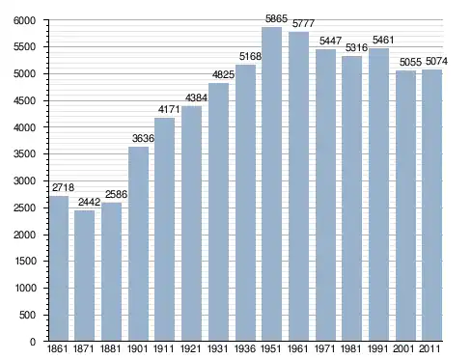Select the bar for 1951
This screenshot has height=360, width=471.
[271, 184]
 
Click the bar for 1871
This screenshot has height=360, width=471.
[84, 276]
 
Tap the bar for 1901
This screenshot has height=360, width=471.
[138, 244]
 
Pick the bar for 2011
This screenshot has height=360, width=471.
[431, 206]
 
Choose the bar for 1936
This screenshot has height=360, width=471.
[245, 203]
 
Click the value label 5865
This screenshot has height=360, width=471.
[276, 19]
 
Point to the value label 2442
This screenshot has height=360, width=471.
[90, 202]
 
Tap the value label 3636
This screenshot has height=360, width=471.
[143, 138]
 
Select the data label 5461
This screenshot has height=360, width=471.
[383, 40]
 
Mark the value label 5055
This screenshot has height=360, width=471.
[410, 62]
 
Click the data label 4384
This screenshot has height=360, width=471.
[196, 97]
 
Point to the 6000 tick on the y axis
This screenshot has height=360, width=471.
[24, 20]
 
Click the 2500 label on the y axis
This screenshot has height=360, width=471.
[24, 208]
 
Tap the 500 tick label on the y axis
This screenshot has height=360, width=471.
[27, 315]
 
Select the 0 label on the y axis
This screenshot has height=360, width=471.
[33, 342]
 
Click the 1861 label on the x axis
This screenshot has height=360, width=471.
[57, 348]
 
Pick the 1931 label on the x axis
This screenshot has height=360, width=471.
[218, 348]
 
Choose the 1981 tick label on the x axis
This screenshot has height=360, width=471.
[351, 348]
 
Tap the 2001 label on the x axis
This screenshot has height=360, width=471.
[403, 348]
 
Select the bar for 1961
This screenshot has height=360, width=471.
[298, 186]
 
